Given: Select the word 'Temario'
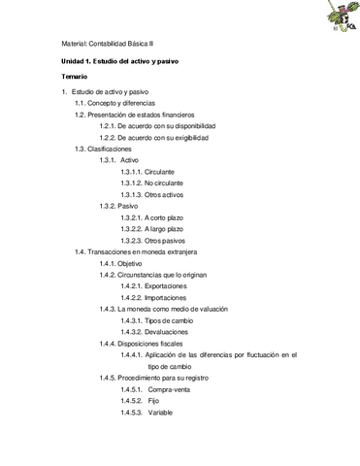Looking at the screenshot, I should [75, 76].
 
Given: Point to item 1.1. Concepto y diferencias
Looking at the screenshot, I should [115, 103].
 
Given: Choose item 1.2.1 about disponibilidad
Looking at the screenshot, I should [157, 126].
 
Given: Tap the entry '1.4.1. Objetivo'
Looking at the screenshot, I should [121, 263].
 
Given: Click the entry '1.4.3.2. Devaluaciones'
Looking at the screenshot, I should [159, 332].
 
